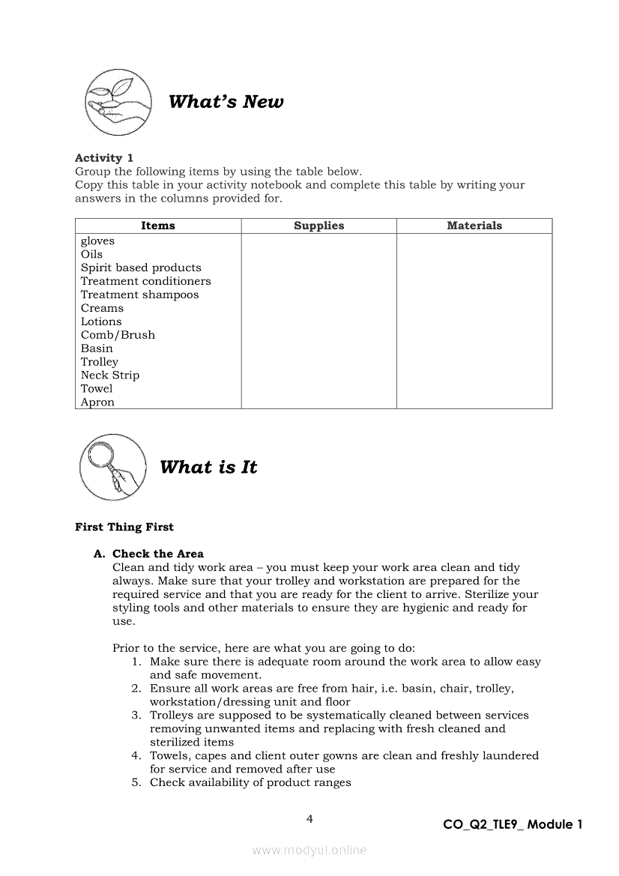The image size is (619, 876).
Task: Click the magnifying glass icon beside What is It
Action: (x=112, y=468)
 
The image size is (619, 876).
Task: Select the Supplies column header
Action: (x=318, y=226)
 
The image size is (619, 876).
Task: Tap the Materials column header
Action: (x=474, y=226)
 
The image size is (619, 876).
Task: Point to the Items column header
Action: (x=158, y=226)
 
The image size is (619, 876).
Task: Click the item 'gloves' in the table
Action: (x=97, y=241)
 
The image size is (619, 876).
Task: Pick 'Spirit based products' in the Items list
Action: (x=141, y=268)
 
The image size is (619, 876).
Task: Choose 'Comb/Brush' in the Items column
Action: (x=118, y=335)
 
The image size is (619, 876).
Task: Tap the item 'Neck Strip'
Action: (x=110, y=375)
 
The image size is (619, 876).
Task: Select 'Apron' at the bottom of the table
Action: (x=97, y=402)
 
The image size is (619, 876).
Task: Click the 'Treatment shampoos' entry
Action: (x=140, y=294)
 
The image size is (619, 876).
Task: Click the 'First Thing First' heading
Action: (x=124, y=527)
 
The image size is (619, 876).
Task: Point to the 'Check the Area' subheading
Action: (x=157, y=554)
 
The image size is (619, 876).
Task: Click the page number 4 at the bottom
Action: (x=309, y=819)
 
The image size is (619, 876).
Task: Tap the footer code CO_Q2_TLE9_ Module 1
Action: (x=513, y=824)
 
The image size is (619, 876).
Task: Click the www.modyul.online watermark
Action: (x=309, y=850)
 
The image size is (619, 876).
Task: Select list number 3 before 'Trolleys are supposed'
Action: (x=136, y=716)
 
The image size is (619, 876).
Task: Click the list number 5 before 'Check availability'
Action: (x=136, y=783)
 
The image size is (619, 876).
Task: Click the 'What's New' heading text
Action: (x=226, y=102)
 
